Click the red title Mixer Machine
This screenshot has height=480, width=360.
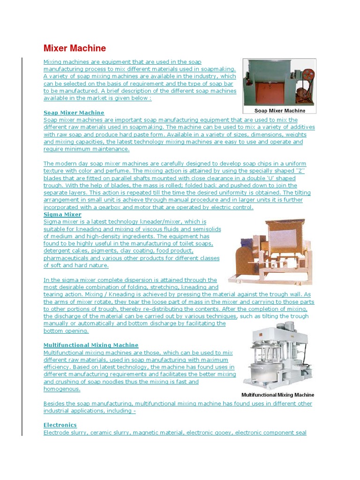point(75,48)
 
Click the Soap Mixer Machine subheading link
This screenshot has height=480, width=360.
point(74,113)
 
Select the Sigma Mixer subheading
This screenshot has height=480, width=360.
point(62,215)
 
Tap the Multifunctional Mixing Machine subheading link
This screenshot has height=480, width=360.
point(91,345)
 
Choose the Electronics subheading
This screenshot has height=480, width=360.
point(60,425)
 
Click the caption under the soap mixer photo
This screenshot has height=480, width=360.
point(279,111)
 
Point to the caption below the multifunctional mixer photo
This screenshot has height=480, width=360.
point(277,395)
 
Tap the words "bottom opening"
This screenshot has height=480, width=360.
point(66,331)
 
